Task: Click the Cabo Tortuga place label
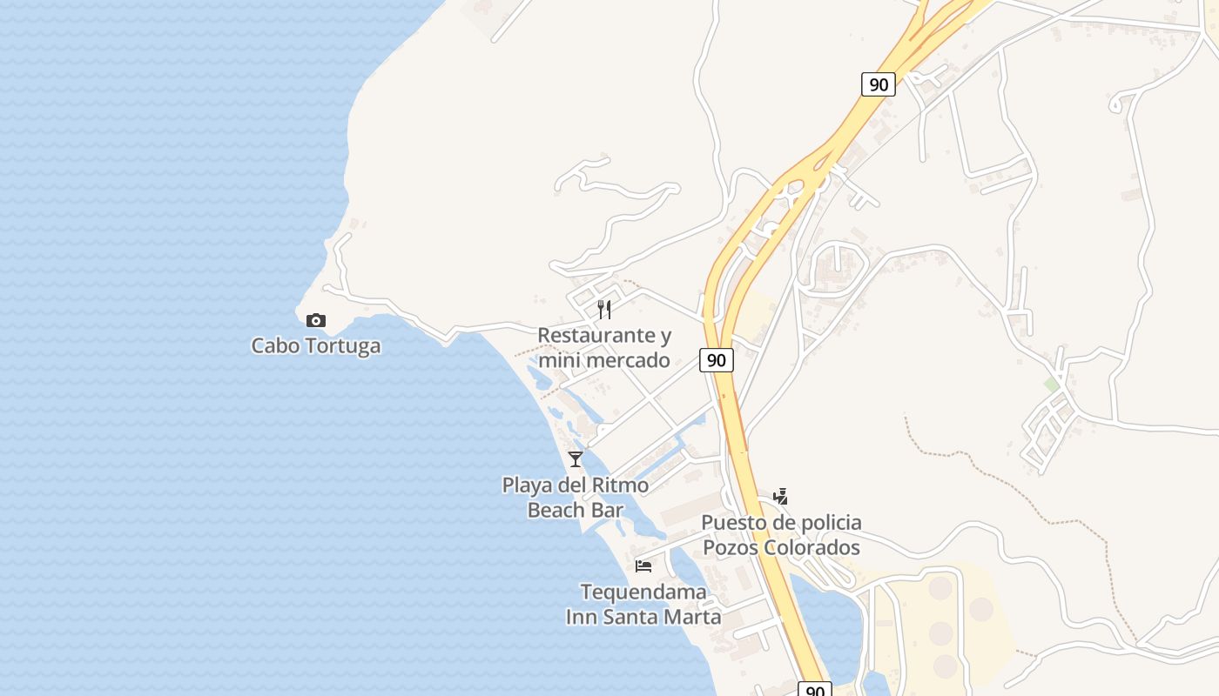pos(315,345)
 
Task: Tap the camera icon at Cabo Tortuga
pos(316,321)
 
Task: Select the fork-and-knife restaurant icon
pos(604,310)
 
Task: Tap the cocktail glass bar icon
pos(576,459)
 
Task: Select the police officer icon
pos(781,497)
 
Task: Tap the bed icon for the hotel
pos(643,566)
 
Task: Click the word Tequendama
pos(643,592)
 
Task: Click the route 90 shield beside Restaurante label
pos(716,360)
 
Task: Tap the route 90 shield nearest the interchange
pos(879,84)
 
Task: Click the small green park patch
pos(1052,384)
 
